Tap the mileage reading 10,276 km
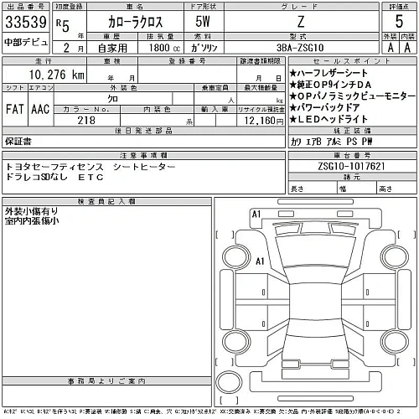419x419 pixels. (x=51, y=75)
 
